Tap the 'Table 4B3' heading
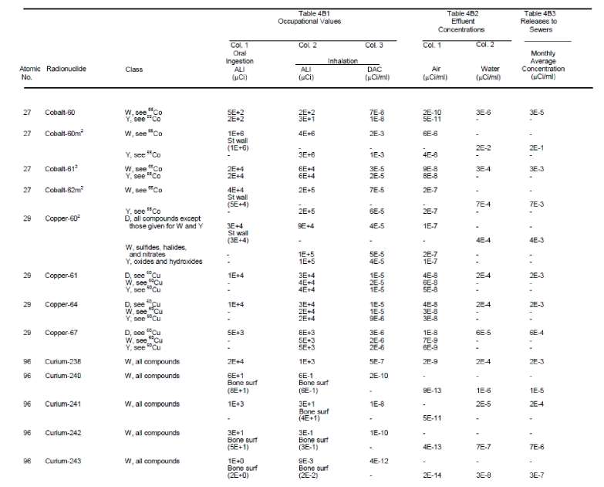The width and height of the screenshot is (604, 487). click(547, 13)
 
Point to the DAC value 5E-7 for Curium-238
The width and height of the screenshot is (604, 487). click(378, 361)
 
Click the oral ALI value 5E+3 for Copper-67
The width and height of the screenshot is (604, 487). click(237, 333)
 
